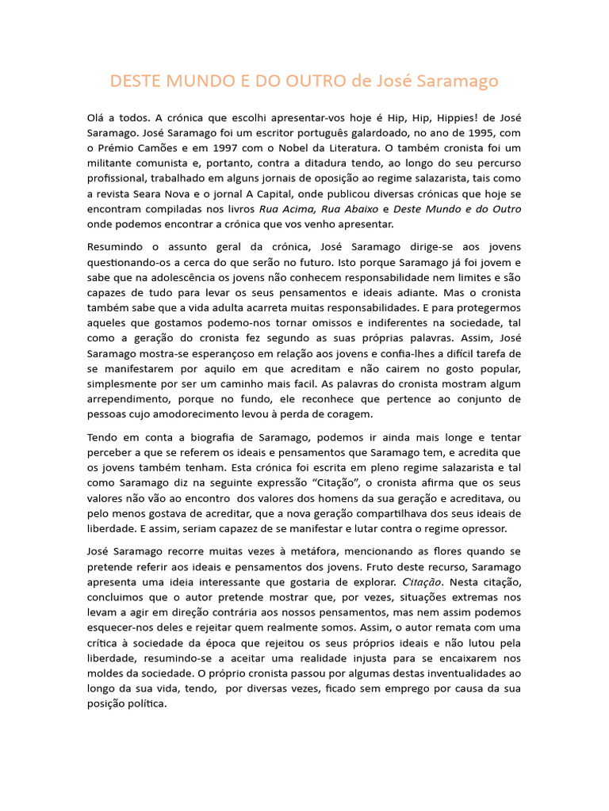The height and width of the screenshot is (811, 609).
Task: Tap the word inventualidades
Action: point(456,672)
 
